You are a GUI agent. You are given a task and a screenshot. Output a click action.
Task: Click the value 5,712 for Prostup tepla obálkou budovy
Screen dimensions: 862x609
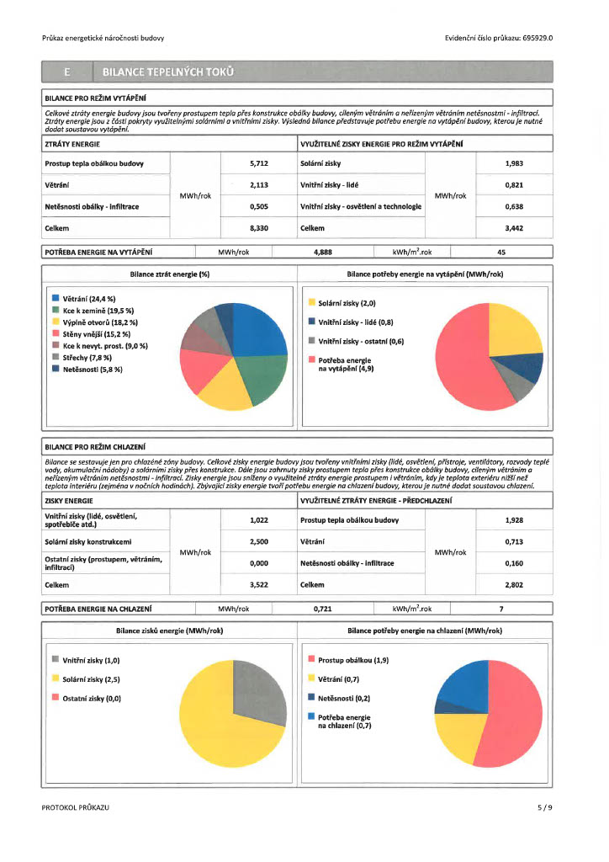tap(258, 163)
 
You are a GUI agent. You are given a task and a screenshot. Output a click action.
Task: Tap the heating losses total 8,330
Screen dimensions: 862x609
tap(258, 228)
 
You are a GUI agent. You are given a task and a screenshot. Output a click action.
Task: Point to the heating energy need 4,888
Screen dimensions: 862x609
tap(323, 251)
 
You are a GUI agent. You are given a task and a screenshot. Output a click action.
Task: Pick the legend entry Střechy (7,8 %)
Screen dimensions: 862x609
tap(84, 358)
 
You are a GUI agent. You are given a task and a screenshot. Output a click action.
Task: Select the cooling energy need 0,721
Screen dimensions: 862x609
tap(323, 608)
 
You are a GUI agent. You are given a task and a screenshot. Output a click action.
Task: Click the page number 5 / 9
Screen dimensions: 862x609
tap(545, 807)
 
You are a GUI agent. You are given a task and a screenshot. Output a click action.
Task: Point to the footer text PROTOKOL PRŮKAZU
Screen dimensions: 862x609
tap(75, 807)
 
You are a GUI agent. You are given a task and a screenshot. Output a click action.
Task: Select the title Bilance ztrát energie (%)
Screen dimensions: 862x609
tap(169, 274)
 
